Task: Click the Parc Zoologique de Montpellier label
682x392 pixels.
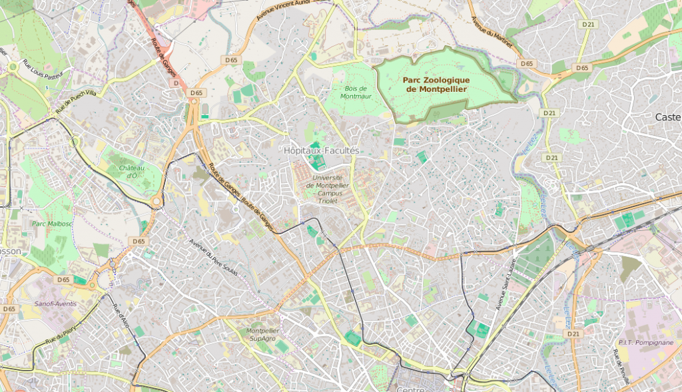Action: [436, 85]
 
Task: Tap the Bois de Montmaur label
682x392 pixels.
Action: [356, 92]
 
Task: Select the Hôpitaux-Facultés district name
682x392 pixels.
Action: [321, 151]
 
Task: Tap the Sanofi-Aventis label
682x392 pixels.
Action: [55, 303]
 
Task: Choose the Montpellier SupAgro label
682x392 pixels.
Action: [262, 335]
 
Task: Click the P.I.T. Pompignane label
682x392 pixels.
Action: [645, 343]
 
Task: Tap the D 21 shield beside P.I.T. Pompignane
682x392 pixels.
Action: [575, 333]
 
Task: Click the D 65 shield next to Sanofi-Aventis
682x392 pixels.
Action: [63, 280]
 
